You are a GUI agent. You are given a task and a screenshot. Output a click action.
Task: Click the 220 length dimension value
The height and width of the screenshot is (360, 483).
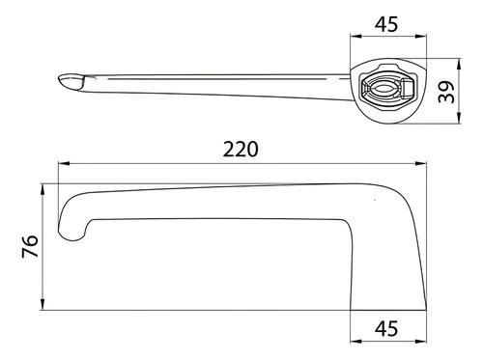(x=241, y=149)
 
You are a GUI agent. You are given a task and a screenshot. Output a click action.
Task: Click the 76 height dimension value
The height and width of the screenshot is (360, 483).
(x=30, y=246)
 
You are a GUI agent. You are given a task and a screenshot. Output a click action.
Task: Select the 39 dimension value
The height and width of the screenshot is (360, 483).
(x=446, y=92)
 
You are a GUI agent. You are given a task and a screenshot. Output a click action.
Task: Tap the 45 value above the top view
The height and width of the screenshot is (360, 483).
(x=386, y=24)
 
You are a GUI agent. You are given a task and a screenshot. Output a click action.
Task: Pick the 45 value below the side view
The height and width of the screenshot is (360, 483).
(x=386, y=328)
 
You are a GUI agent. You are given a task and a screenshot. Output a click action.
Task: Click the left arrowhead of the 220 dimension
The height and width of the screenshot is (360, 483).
(x=64, y=164)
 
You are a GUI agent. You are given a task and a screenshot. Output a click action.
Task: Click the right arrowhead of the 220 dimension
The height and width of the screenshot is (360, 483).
(x=421, y=164)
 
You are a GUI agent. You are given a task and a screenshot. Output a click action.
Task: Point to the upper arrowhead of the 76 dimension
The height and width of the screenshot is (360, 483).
(x=43, y=189)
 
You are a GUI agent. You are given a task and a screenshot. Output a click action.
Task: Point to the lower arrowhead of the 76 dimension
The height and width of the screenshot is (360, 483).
(x=43, y=304)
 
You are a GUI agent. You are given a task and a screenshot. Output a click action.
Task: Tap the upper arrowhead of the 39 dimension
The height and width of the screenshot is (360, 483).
(x=459, y=64)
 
